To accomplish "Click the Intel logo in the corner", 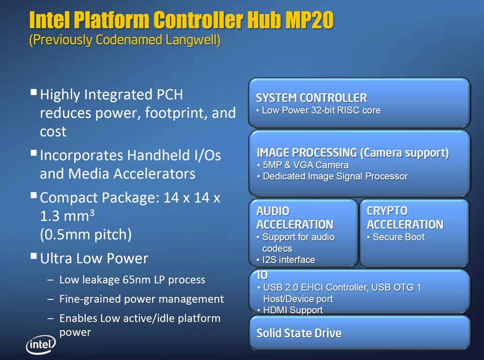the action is point(41,344).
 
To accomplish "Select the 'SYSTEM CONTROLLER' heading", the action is point(311,98).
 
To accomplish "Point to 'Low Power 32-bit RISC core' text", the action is point(321,110).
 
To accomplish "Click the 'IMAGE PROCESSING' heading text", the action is point(307,153).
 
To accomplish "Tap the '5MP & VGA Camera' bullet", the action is point(306,165).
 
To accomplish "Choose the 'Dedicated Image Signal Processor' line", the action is point(335,176).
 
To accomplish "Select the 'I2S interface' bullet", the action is point(289,260).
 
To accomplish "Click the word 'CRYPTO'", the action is point(387,211).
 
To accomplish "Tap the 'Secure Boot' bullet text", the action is point(398,237).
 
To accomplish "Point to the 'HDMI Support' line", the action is point(293,310).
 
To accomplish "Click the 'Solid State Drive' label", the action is point(299,333).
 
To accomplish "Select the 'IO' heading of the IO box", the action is point(262,275).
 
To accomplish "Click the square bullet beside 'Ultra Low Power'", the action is point(34,256).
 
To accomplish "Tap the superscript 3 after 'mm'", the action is point(92,212).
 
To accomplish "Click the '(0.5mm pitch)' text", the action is point(86,235).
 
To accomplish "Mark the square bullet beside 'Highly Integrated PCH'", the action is point(34,92).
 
